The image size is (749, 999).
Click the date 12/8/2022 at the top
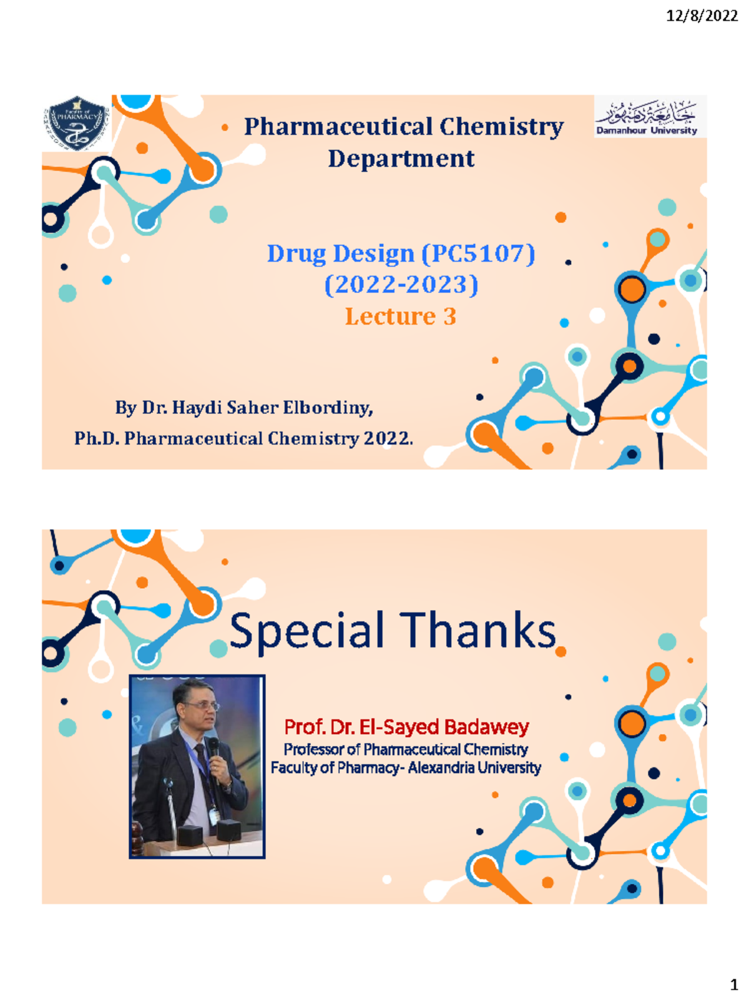702,16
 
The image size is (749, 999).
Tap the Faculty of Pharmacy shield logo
77,124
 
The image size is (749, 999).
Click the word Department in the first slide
401,159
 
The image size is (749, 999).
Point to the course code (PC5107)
478,253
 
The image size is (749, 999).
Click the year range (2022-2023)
401,285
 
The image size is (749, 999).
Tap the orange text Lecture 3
401,317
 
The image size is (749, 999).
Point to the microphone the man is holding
213,749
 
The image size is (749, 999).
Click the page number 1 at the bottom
734,985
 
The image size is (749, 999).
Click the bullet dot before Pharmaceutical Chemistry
225,128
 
